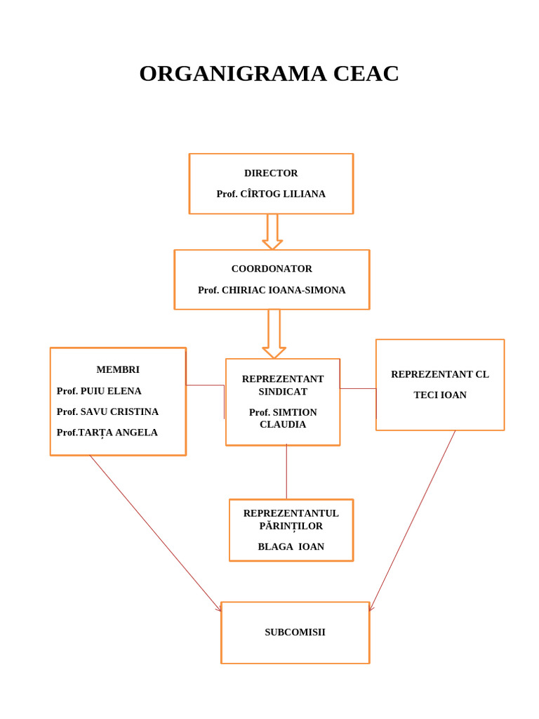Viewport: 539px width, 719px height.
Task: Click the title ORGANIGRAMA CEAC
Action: [269, 74]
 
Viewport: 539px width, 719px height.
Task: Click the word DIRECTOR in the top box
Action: [271, 173]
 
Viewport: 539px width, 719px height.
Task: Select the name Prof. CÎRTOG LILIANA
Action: [271, 194]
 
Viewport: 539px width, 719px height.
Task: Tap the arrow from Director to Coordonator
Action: [272, 232]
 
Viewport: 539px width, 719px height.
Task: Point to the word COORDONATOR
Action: [272, 269]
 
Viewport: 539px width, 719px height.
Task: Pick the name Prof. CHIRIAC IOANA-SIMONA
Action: [272, 290]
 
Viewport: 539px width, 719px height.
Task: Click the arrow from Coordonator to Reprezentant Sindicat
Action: [274, 334]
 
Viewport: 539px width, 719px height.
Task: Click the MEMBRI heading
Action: [118, 369]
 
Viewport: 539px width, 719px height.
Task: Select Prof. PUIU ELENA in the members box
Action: [99, 391]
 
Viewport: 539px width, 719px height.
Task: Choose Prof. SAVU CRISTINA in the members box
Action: [107, 411]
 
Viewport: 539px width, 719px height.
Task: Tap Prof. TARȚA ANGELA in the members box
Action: [107, 433]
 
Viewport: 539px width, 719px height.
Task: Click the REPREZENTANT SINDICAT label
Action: [283, 385]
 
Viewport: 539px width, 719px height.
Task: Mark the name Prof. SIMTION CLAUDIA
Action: [283, 418]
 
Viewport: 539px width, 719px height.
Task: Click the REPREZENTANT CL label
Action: [440, 374]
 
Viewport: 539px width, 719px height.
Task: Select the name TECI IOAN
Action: [440, 395]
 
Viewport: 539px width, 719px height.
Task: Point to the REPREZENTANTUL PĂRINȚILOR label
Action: [291, 520]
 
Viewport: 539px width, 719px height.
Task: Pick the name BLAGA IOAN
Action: [291, 547]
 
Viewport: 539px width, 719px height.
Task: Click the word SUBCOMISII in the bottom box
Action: [295, 632]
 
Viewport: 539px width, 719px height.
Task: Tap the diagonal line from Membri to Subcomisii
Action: [154, 532]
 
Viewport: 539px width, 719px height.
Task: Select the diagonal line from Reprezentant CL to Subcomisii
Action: [413, 520]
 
